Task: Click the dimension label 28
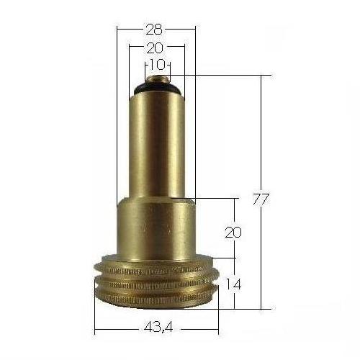point(155,30)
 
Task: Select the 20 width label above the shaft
point(155,48)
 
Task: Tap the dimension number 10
point(156,64)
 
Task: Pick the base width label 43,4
point(156,328)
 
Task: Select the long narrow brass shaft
point(156,144)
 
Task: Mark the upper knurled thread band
point(156,273)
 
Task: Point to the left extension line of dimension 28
point(117,108)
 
